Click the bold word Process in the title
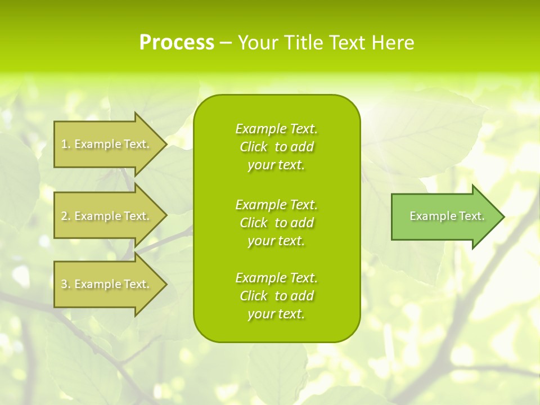tap(177, 43)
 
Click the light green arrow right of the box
tap(444, 217)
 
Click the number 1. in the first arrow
tap(66, 144)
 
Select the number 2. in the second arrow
tap(66, 216)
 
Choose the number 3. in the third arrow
tap(66, 284)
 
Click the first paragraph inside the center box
tap(276, 147)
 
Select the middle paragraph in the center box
tap(276, 223)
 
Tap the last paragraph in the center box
tap(276, 296)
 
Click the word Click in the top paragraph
tap(253, 147)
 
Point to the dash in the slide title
tap(226, 43)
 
